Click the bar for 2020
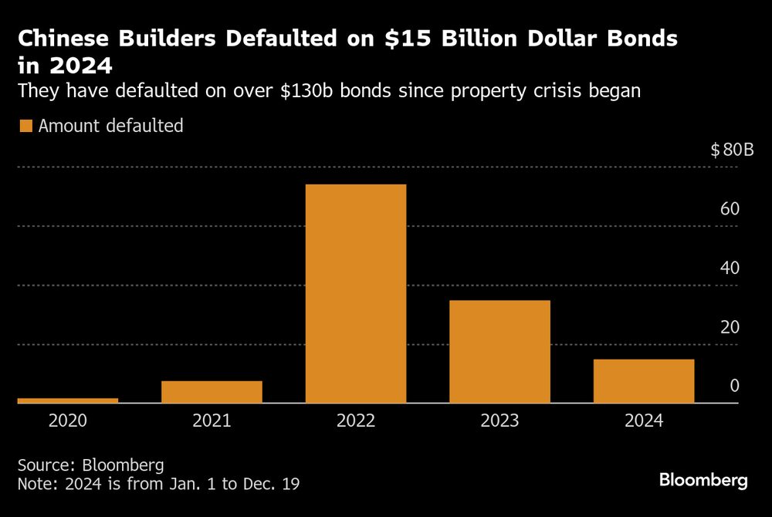click(x=67, y=400)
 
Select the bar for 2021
click(x=212, y=391)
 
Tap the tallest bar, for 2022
click(x=356, y=293)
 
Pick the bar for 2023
click(x=499, y=351)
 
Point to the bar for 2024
click(x=644, y=380)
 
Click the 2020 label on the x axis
click(x=67, y=421)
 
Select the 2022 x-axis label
click(x=356, y=421)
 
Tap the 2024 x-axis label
click(x=644, y=421)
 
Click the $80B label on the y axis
click(x=731, y=150)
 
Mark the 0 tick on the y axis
click(x=735, y=385)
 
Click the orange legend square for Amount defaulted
click(x=25, y=126)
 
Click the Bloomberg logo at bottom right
click(x=703, y=480)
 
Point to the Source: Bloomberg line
click(x=90, y=466)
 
